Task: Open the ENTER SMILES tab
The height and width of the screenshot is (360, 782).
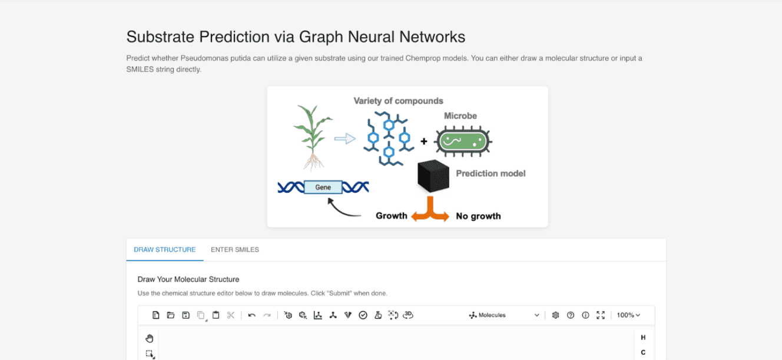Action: [x=234, y=250]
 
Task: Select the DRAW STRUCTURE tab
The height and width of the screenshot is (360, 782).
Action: [x=165, y=250]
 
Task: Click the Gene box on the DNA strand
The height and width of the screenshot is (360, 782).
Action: [x=323, y=187]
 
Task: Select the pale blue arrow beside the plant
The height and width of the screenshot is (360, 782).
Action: [x=345, y=139]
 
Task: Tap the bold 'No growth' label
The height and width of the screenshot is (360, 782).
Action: [x=478, y=216]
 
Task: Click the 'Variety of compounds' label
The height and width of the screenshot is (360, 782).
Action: [x=398, y=101]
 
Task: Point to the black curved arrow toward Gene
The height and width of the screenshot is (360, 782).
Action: [x=343, y=208]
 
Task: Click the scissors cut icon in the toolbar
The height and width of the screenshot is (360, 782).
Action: [x=231, y=315]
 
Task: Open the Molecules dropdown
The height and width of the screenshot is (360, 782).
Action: [x=504, y=315]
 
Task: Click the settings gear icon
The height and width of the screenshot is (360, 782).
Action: [x=555, y=315]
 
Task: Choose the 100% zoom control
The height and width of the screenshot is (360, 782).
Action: [x=628, y=315]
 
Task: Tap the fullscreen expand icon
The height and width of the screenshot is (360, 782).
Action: [x=601, y=315]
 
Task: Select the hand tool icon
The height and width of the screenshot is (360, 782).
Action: [x=150, y=338]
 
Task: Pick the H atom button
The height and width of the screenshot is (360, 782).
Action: [x=643, y=338]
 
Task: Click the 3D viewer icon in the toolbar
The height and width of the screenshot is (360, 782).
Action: [x=408, y=315]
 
